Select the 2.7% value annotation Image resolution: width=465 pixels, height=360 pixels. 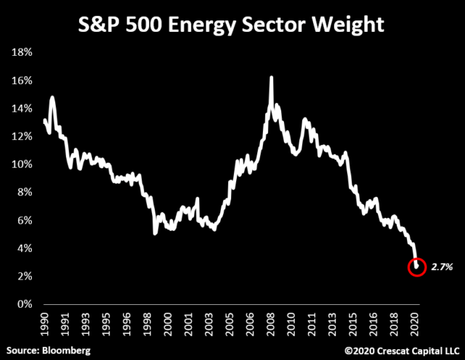(442, 267)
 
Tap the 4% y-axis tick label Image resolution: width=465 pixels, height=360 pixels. (26, 248)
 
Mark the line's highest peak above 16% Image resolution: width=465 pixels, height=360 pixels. (271, 77)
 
